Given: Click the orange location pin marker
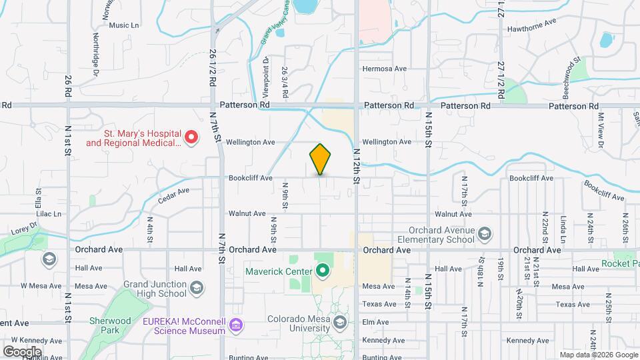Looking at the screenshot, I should click(x=320, y=159).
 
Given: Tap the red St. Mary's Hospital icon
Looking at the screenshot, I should click(x=191, y=137).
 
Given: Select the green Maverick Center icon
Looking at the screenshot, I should click(x=323, y=271).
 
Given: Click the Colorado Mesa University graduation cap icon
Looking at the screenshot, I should click(x=340, y=323).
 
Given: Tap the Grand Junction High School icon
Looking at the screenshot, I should click(x=197, y=287).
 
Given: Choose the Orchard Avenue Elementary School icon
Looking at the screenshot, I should click(x=485, y=233).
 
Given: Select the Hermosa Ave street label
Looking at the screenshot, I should click(x=384, y=69).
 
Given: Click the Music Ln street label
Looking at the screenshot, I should click(x=124, y=25).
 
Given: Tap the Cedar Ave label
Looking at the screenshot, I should click(x=174, y=194).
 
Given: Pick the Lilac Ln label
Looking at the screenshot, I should click(x=48, y=214).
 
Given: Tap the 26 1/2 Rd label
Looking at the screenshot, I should click(x=213, y=69).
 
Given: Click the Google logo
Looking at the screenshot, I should click(x=21, y=352).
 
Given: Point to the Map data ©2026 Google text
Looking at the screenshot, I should click(x=599, y=355).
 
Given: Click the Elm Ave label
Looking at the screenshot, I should click(x=376, y=323).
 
